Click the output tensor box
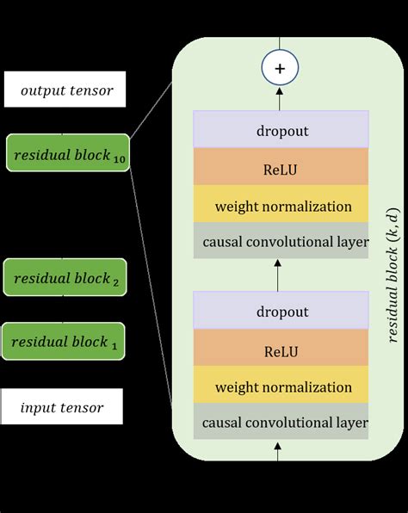point(65,90)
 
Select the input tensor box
point(62,407)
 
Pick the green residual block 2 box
point(65,277)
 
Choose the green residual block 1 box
point(63,342)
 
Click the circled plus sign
point(280,68)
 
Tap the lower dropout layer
point(281,310)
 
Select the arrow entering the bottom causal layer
point(278,449)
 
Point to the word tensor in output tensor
point(96,90)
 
